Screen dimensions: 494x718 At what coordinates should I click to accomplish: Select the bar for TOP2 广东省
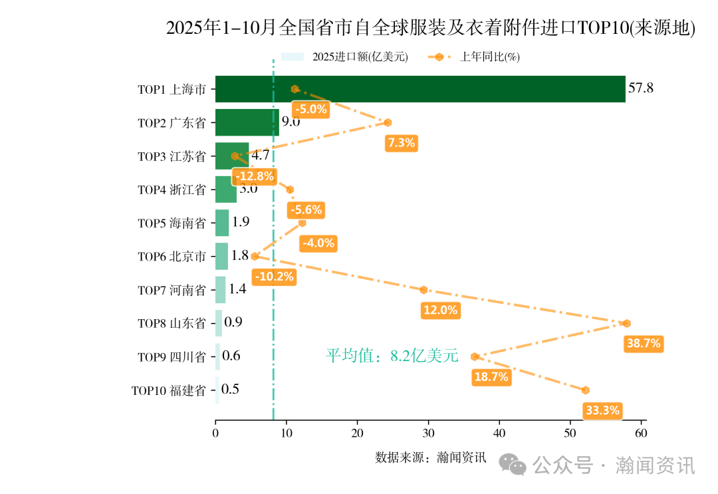point(246,122)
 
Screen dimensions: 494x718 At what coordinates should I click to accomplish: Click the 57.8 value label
point(641,88)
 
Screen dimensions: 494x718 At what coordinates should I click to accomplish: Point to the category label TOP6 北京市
point(172,257)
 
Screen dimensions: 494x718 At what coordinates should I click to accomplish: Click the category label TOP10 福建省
point(168,390)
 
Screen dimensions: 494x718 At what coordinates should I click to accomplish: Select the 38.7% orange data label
point(643,344)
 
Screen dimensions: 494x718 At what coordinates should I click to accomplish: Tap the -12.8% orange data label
point(254,176)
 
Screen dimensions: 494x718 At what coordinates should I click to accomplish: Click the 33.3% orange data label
point(602,410)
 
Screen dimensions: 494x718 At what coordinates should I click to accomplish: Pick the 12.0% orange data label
point(440,310)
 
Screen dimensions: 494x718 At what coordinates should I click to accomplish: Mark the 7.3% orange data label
point(401,142)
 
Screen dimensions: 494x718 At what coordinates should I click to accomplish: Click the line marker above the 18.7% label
point(475,356)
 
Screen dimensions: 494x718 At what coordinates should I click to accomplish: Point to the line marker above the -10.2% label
point(255,256)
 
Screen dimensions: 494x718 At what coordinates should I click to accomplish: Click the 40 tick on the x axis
point(499,433)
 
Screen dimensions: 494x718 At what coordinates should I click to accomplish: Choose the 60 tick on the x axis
point(641,433)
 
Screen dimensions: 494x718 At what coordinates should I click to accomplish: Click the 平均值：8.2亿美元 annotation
point(392,356)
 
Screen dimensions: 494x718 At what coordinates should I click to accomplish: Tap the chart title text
point(430,28)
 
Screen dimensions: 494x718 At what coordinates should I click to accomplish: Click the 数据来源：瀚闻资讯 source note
point(430,457)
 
